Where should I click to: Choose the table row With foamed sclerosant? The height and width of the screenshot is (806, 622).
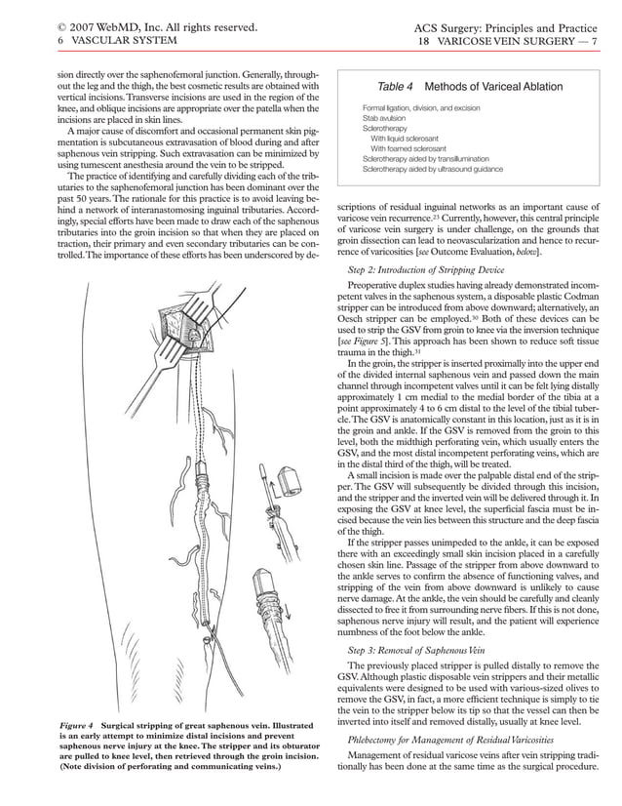pos(415,147)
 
